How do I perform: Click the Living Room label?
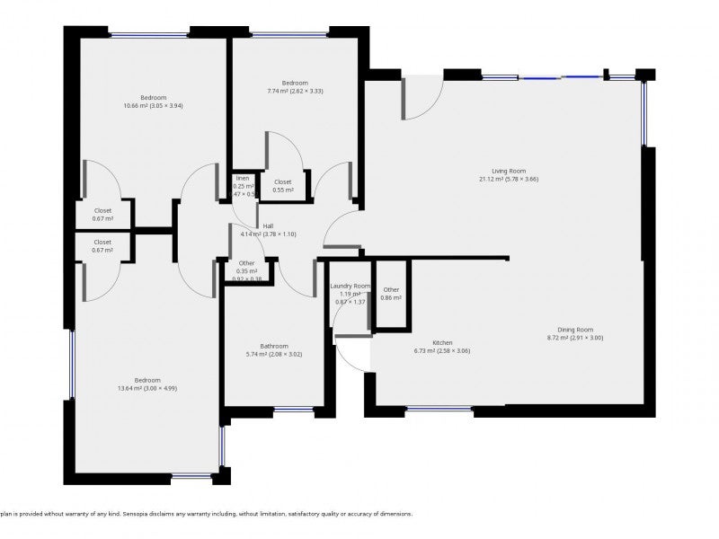click(x=508, y=171)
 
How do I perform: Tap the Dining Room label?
click(x=575, y=330)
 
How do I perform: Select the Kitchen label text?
click(x=441, y=343)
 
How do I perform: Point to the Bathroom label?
click(x=274, y=346)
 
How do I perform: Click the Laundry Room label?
click(x=350, y=286)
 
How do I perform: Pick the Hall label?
click(x=268, y=226)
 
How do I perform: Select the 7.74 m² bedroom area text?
click(x=295, y=91)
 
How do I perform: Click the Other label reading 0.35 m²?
click(x=247, y=270)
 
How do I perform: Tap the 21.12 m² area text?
click(x=508, y=179)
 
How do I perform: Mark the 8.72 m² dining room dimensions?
click(x=575, y=338)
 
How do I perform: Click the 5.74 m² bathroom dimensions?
click(x=274, y=354)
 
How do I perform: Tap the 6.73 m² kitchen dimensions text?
click(x=441, y=351)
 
